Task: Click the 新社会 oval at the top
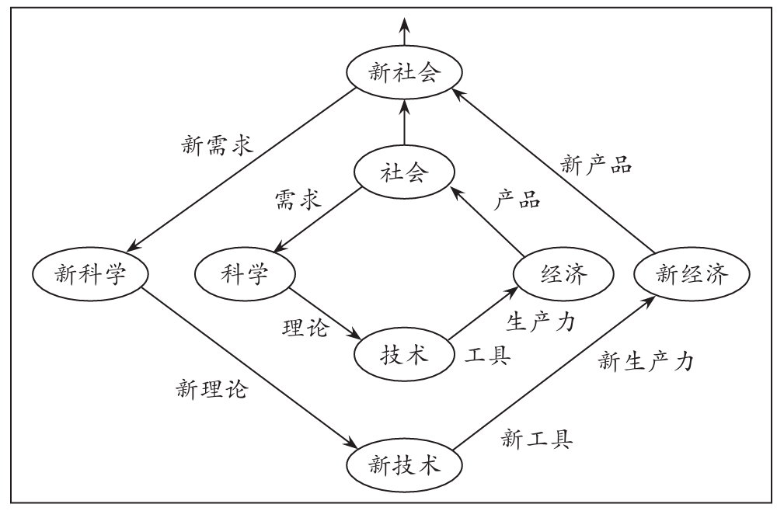(x=405, y=74)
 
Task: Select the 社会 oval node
(x=405, y=174)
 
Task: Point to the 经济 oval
(x=562, y=274)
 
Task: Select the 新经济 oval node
(x=692, y=274)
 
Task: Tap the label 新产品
(x=595, y=165)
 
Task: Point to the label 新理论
(x=212, y=388)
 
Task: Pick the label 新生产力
(x=646, y=360)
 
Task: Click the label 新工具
(x=538, y=440)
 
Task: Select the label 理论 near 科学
(x=304, y=329)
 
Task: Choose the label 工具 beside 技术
(x=487, y=357)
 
